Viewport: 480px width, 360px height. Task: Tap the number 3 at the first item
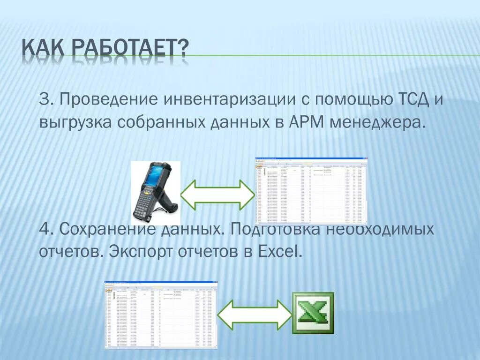pos(45,100)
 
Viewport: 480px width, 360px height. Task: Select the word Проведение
pos(106,100)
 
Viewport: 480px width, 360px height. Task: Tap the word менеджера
pos(378,123)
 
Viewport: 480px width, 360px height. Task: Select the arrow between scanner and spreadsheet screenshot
pos(217,194)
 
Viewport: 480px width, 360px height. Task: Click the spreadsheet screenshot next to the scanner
pos(311,191)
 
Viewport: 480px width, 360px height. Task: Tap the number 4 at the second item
pos(45,230)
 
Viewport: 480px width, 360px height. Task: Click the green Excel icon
pos(313,313)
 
